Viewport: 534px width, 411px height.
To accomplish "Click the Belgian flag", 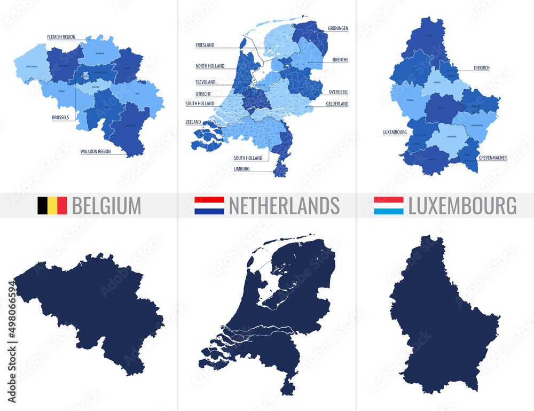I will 52,206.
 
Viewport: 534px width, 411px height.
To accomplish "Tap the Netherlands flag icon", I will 209,206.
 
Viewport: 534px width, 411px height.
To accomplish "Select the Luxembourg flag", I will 388,206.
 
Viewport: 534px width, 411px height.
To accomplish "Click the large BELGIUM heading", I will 106,206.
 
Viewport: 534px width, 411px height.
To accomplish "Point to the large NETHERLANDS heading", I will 284,206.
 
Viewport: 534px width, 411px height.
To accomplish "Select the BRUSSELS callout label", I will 60,118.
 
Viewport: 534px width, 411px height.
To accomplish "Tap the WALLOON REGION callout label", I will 95,151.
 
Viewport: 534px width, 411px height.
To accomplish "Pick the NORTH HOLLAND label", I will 210,66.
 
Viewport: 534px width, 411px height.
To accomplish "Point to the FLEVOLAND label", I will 206,82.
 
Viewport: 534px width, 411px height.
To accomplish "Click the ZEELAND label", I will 193,122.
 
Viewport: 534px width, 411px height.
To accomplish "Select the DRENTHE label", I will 340,60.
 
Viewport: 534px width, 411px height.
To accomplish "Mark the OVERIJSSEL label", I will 339,91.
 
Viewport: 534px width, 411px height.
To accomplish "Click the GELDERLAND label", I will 337,104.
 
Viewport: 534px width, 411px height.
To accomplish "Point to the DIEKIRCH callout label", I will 481,68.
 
